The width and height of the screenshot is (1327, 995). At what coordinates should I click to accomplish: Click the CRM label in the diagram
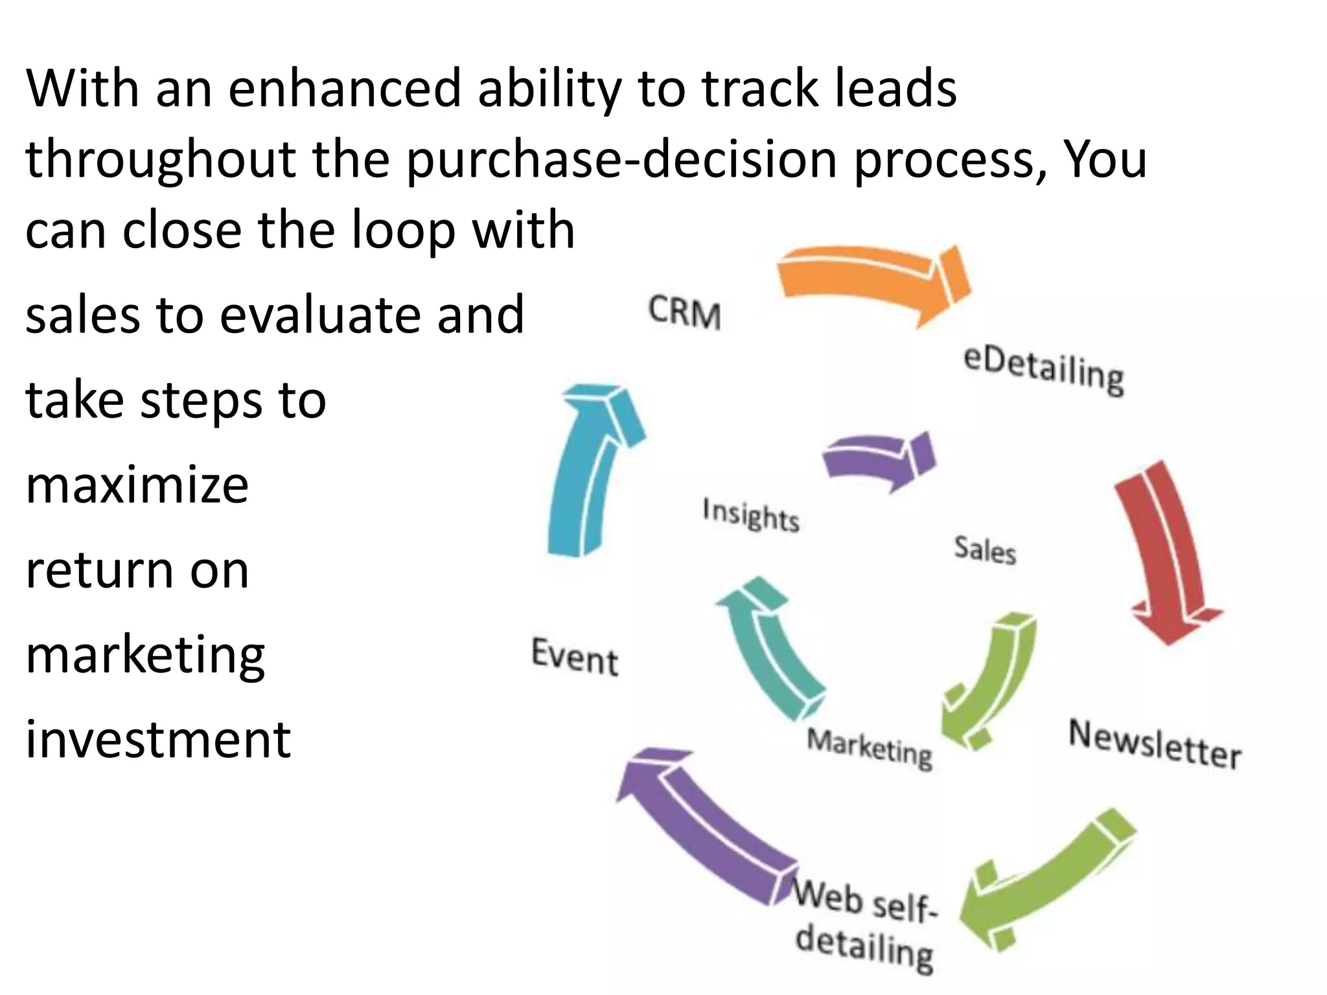coord(684,313)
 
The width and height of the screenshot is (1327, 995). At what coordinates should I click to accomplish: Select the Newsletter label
coord(1155,745)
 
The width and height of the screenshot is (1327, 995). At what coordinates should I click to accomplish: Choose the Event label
coord(574,657)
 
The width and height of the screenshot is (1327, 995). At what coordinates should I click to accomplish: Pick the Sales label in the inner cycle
coord(984,550)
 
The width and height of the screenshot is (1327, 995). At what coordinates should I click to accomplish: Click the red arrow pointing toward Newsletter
coord(1166,551)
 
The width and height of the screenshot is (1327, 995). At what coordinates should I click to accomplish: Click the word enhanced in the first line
coord(344,89)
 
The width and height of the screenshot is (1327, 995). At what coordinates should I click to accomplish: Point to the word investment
coord(158,739)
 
